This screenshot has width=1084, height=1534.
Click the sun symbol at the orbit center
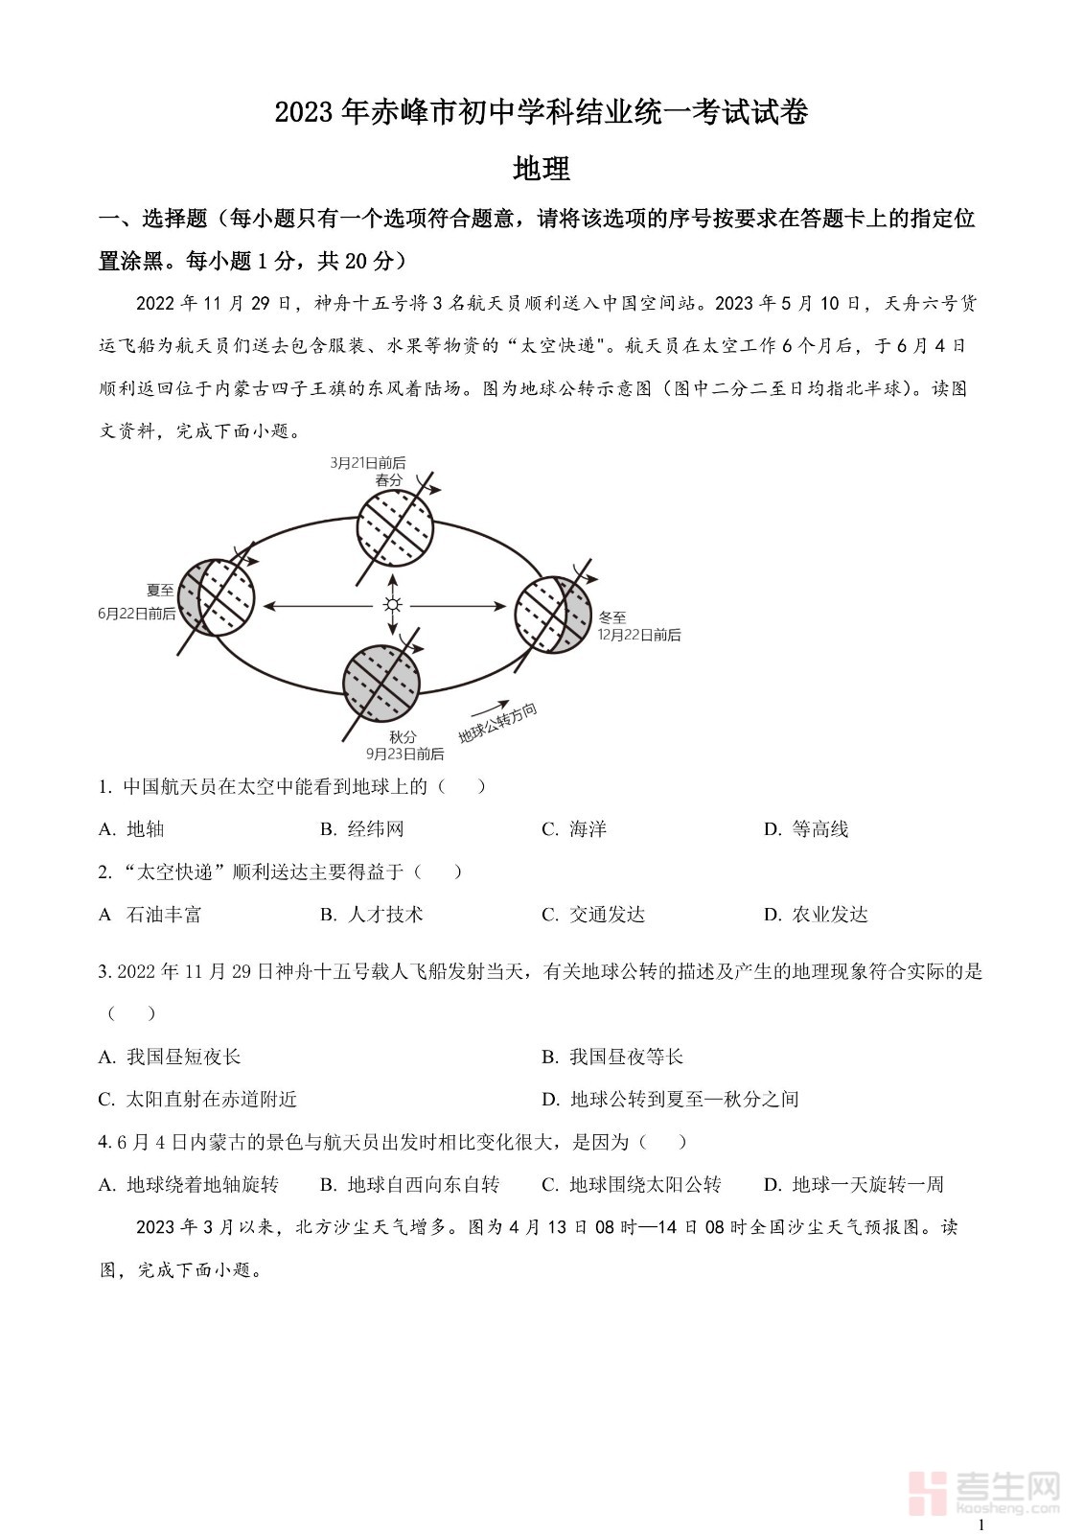click(392, 605)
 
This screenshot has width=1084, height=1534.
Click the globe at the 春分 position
click(395, 526)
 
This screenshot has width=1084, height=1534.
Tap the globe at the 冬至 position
click(554, 615)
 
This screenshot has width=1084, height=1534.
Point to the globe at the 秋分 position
click(381, 683)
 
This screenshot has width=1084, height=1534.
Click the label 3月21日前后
click(368, 462)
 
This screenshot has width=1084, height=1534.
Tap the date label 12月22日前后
click(639, 635)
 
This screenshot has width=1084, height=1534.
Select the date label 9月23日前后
click(404, 754)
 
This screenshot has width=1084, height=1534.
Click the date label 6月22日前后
click(137, 613)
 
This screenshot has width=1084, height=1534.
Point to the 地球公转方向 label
click(497, 724)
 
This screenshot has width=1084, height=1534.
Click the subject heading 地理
click(542, 169)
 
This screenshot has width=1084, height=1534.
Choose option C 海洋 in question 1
click(574, 829)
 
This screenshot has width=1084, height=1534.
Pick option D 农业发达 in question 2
click(816, 915)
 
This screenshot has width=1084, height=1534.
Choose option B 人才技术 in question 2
click(372, 915)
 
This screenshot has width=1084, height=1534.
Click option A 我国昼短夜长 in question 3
click(171, 1057)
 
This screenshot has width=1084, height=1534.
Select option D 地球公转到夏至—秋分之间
click(670, 1099)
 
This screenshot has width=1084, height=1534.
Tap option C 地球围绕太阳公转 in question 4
click(632, 1185)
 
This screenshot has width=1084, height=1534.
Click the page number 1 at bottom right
click(980, 1524)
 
